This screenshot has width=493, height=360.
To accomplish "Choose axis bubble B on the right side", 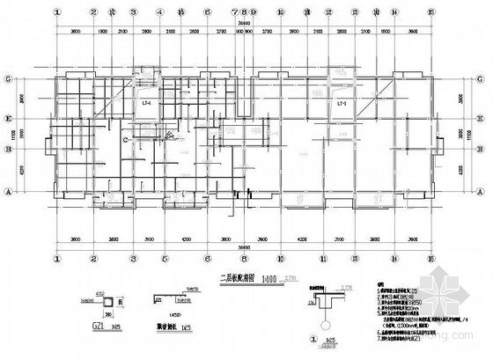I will [482, 150].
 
